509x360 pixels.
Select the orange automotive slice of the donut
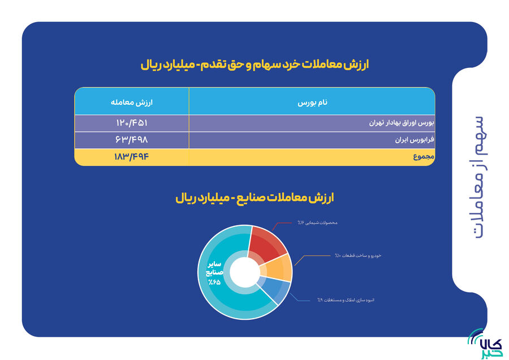coord(277,268)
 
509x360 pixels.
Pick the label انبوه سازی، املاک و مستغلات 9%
coord(346,300)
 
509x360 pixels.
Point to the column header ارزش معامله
coord(132,102)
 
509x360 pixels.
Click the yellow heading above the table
coord(255,64)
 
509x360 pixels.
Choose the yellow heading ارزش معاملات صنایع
coord(255,198)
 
